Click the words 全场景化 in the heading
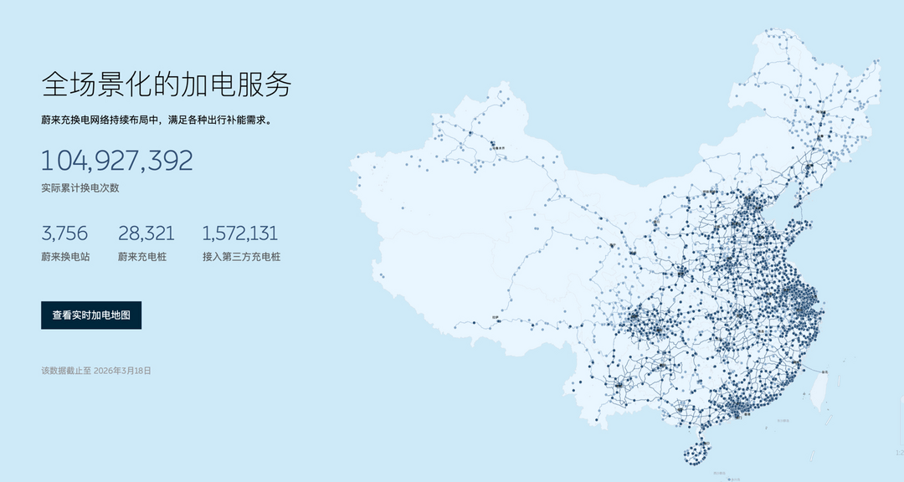pyautogui.click(x=93, y=85)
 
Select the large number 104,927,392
pyautogui.click(x=117, y=160)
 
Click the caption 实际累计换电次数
pyautogui.click(x=80, y=187)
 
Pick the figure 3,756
pyautogui.click(x=64, y=233)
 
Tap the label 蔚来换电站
pyautogui.click(x=65, y=257)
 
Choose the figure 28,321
pyautogui.click(x=146, y=233)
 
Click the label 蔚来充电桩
pyautogui.click(x=142, y=257)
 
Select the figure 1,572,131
pyautogui.click(x=240, y=233)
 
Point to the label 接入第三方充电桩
pyautogui.click(x=241, y=257)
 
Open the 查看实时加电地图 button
pyautogui.click(x=91, y=315)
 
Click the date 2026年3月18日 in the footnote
pyautogui.click(x=122, y=370)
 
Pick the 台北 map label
pyautogui.click(x=827, y=371)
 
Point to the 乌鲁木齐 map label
pyautogui.click(x=499, y=147)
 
